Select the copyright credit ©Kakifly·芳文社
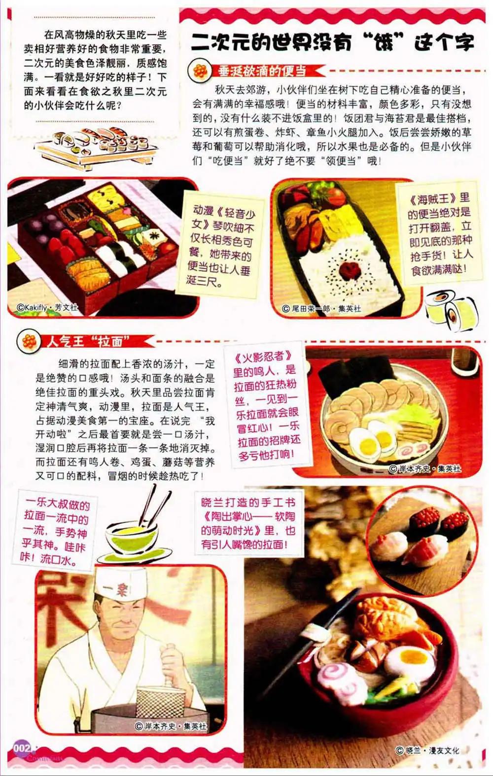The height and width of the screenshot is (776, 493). (x=47, y=307)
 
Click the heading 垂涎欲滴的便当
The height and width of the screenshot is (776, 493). (x=262, y=71)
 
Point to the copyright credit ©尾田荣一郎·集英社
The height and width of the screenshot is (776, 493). (x=321, y=308)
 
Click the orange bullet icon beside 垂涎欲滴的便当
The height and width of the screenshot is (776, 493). (x=200, y=72)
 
